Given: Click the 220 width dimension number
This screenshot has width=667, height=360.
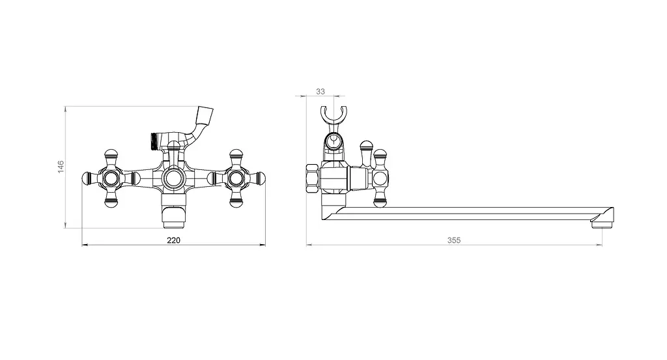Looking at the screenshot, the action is pyautogui.click(x=173, y=240).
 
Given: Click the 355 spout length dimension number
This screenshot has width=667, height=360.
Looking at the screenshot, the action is pyautogui.click(x=454, y=240).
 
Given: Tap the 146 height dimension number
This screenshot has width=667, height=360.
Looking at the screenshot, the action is pyautogui.click(x=61, y=166).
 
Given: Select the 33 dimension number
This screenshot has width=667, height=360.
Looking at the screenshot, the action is pyautogui.click(x=320, y=91).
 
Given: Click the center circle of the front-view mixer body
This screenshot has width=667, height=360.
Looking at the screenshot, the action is pyautogui.click(x=173, y=178).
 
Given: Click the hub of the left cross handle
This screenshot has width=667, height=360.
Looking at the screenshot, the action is pyautogui.click(x=111, y=178).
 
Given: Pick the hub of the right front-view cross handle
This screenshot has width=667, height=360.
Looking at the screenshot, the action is pyautogui.click(x=235, y=178).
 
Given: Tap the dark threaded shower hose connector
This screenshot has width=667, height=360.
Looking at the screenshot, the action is pyautogui.click(x=154, y=141).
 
